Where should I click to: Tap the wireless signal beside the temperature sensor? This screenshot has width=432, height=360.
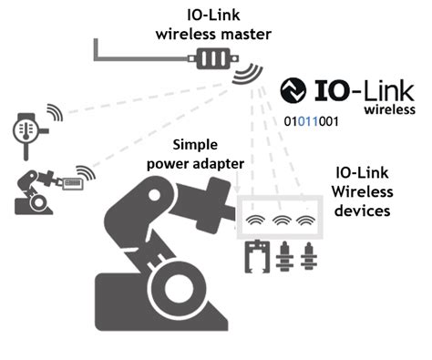(x=56, y=113)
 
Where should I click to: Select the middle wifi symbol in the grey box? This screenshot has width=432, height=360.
(x=283, y=221)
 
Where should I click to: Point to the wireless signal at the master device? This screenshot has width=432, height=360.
(x=245, y=74)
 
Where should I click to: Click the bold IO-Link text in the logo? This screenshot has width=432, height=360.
(x=365, y=91)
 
